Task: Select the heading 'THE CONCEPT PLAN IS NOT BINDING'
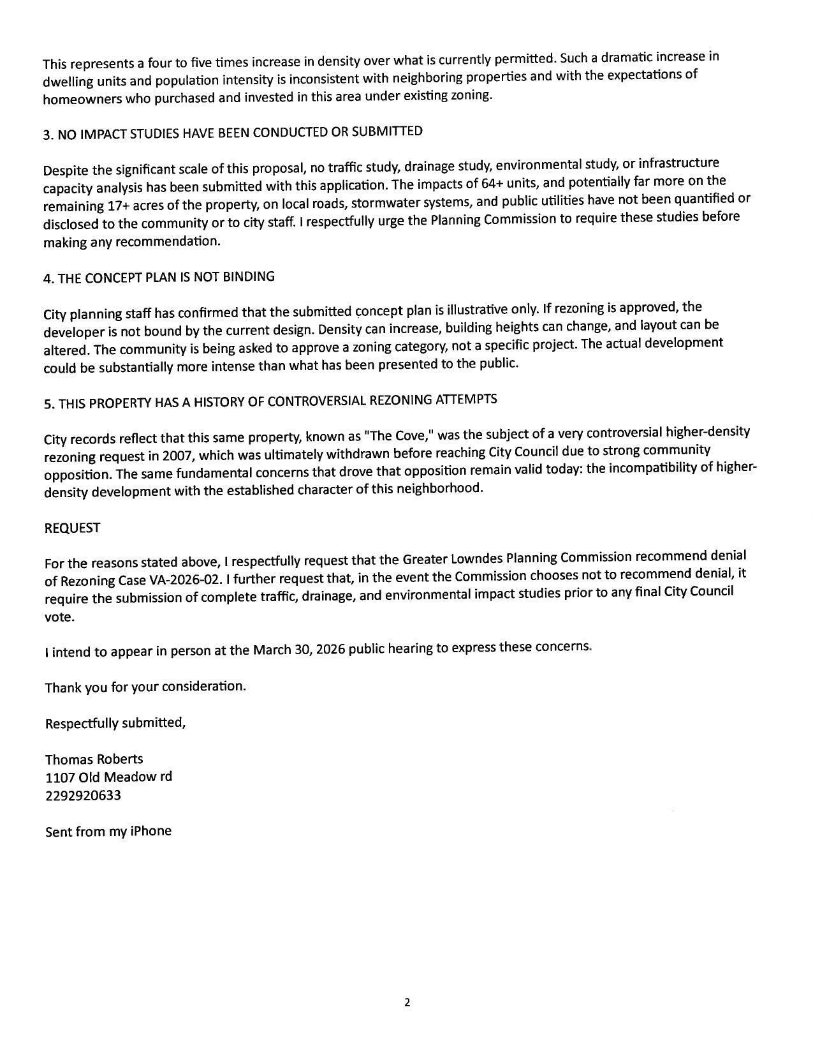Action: click(159, 278)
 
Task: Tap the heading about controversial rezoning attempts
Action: click(270, 401)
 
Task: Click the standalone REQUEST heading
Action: click(72, 528)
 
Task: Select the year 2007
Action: click(177, 456)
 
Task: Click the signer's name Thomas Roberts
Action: click(94, 759)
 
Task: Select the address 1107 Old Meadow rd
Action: click(108, 777)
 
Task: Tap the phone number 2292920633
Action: click(83, 796)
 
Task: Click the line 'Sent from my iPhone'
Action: click(108, 832)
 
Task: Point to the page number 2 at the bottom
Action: click(407, 1003)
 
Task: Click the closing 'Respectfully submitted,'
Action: click(115, 723)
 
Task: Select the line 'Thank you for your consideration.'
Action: click(145, 687)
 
